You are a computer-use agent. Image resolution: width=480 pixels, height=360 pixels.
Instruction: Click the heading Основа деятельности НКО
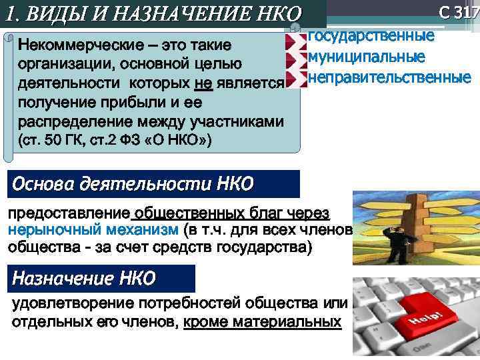(x=133, y=184)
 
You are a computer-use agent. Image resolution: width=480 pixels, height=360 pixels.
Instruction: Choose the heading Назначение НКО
(x=85, y=278)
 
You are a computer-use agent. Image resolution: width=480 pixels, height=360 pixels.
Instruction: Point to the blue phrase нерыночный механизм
(x=92, y=230)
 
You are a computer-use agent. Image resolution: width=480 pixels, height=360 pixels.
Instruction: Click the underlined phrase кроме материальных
(x=262, y=322)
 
